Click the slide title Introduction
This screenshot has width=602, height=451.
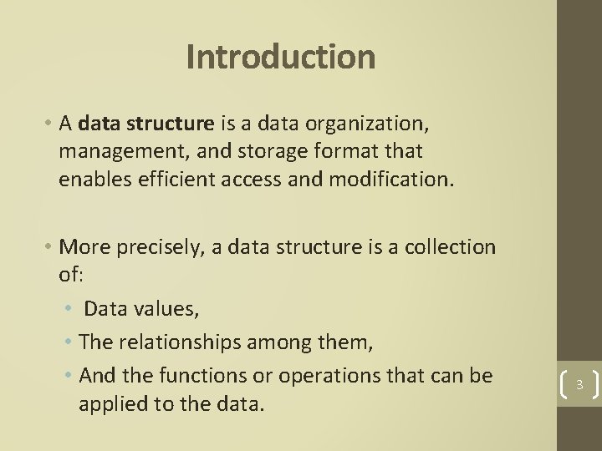[281, 58]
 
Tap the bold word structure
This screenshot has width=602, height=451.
[175, 125]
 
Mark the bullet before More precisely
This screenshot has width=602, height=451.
[49, 248]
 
